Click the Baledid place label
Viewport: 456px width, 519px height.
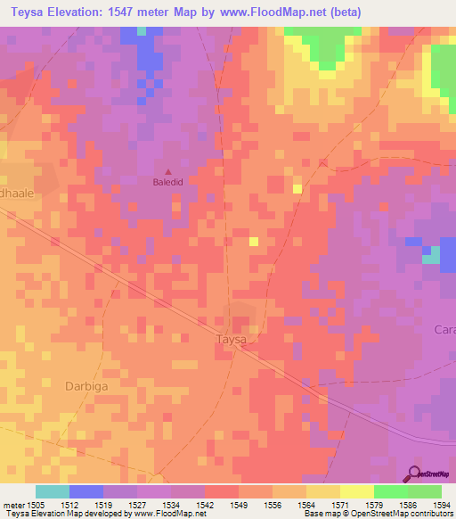[x=169, y=184]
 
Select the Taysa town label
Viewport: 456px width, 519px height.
[x=231, y=340]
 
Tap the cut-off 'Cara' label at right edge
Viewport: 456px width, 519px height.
[x=444, y=329]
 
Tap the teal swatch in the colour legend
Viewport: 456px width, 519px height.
[x=53, y=491]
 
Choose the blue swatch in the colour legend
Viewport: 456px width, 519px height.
[x=86, y=491]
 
